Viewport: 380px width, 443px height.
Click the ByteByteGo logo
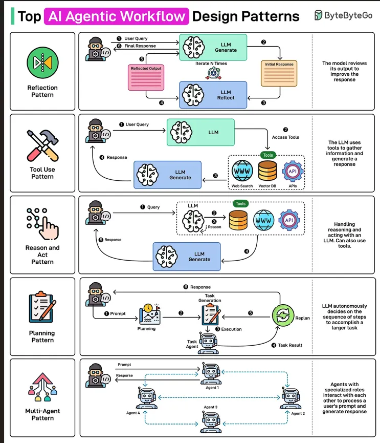click(343, 15)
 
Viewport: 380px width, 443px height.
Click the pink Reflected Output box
click(146, 78)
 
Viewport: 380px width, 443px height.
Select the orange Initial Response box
click(279, 73)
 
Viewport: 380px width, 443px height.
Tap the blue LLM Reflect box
click(213, 95)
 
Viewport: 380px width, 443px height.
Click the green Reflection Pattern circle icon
click(42, 62)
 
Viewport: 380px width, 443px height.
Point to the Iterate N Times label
click(211, 64)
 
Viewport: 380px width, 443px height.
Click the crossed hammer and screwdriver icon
click(42, 145)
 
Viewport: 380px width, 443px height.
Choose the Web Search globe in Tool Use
click(242, 171)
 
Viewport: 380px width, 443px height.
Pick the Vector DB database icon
click(267, 171)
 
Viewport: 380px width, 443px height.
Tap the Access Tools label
click(285, 137)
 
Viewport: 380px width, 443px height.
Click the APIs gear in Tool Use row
click(293, 171)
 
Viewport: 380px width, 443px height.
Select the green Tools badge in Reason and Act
click(240, 204)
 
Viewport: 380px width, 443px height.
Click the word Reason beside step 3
click(214, 227)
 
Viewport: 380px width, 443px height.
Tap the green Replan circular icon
click(283, 315)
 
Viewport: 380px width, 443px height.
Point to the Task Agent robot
click(208, 343)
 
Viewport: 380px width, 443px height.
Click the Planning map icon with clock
click(150, 314)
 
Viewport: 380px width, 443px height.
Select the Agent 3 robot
click(211, 422)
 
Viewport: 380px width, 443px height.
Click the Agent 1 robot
click(211, 373)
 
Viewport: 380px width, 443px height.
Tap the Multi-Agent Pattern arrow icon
click(42, 387)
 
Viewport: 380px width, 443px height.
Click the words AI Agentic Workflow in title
click(117, 16)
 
